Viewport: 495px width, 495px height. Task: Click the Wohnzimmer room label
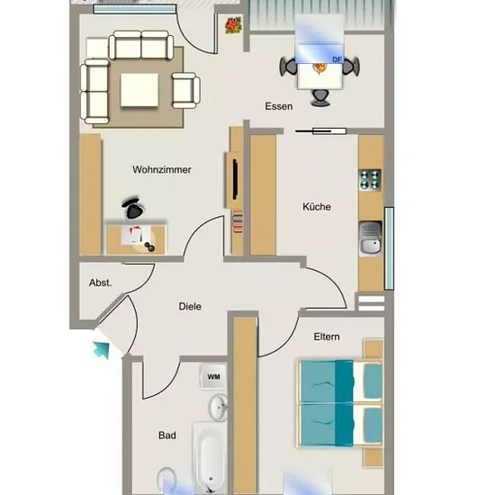click(x=162, y=170)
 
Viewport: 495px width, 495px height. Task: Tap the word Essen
click(x=278, y=106)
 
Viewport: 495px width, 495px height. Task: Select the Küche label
click(x=317, y=207)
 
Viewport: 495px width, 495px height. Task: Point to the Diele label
click(x=190, y=306)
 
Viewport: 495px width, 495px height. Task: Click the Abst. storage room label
click(x=101, y=283)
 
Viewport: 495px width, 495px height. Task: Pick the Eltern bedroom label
click(x=327, y=337)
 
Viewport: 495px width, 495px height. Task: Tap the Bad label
click(x=167, y=436)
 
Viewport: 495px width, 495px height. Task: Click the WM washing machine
click(x=213, y=377)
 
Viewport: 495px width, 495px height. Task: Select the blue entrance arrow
click(x=102, y=350)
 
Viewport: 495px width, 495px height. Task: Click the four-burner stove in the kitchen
click(x=370, y=180)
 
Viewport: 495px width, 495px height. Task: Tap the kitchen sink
click(x=371, y=238)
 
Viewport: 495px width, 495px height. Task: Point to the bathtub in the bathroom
click(x=211, y=458)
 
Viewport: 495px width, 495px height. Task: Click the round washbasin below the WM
click(x=218, y=407)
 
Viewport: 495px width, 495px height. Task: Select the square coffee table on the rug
click(x=139, y=90)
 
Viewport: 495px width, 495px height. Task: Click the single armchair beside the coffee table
click(x=186, y=91)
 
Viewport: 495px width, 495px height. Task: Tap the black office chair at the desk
click(x=133, y=208)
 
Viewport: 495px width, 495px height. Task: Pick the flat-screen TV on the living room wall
click(x=235, y=179)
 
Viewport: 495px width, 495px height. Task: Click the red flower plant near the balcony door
click(x=233, y=25)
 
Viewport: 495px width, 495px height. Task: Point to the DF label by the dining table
click(x=337, y=59)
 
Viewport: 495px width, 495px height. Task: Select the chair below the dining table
click(x=320, y=98)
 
